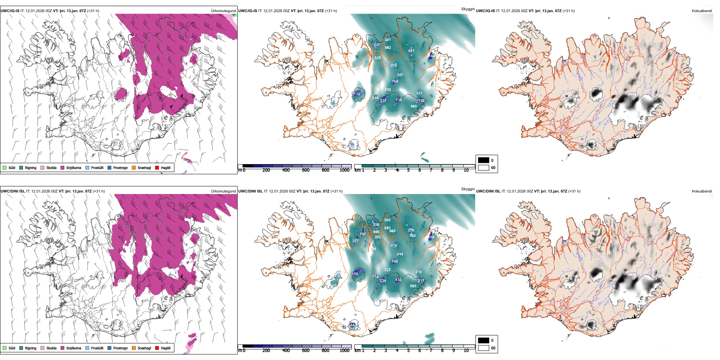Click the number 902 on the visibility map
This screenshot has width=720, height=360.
coord(388,48)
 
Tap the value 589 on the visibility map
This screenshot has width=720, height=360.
coord(413,106)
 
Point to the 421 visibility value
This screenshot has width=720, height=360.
coord(411,51)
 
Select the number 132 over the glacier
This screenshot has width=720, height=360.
coord(357,94)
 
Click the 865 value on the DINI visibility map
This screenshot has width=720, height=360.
coord(413,286)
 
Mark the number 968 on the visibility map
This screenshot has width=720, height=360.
coord(392,231)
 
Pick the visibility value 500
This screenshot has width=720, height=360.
coord(387,220)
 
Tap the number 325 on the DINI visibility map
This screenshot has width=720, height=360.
coord(387,270)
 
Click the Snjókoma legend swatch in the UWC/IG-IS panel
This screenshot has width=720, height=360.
coord(63,168)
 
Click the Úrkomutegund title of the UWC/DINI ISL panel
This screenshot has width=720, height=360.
coord(224,191)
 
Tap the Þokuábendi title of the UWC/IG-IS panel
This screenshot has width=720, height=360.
coord(702,11)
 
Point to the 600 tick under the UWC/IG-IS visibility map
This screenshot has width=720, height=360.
coord(306,170)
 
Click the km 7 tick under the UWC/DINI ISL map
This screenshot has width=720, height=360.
coord(431,351)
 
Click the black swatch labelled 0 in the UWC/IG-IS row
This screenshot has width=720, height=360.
coord(484,160)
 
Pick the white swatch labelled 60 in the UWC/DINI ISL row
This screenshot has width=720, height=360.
coord(484,348)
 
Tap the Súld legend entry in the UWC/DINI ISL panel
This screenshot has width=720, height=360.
coord(9,348)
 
